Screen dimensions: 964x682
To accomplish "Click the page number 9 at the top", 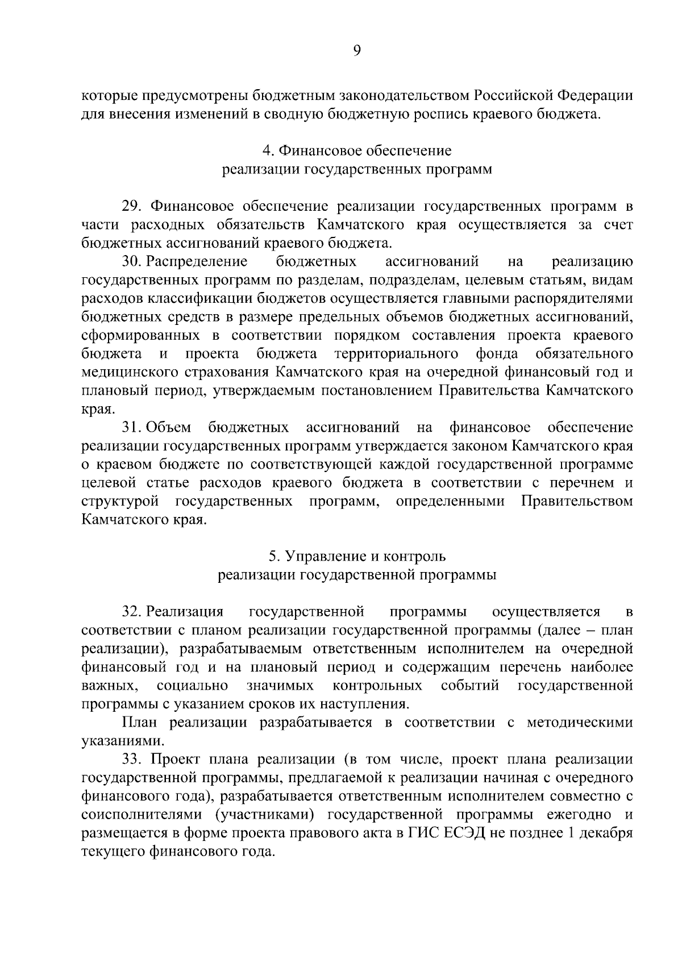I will (356, 51).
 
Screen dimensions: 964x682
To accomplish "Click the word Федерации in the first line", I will (596, 95).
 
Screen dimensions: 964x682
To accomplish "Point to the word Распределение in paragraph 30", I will (197, 261).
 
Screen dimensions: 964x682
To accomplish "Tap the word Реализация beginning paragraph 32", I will (185, 612).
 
